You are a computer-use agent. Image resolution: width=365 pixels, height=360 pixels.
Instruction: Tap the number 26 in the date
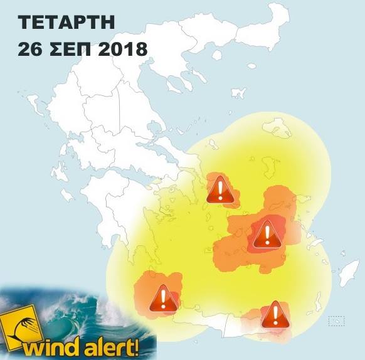pyautogui.click(x=29, y=49)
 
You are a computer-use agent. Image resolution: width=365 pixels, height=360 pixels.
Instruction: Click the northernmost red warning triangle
pyautogui.click(x=219, y=188)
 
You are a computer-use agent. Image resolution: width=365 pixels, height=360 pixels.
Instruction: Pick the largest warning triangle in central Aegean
pyautogui.click(x=266, y=235)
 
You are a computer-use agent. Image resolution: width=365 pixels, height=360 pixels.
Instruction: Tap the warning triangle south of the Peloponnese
pyautogui.click(x=162, y=299)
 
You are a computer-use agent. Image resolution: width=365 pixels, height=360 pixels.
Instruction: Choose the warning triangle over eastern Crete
pyautogui.click(x=274, y=314)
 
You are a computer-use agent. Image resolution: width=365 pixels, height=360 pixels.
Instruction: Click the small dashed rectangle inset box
pyautogui.click(x=337, y=321)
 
